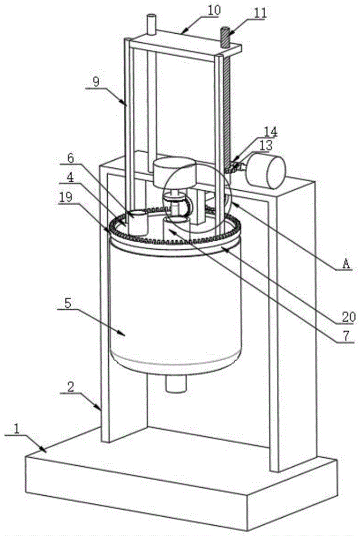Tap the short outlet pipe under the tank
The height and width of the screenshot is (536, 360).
[x=175, y=383]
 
